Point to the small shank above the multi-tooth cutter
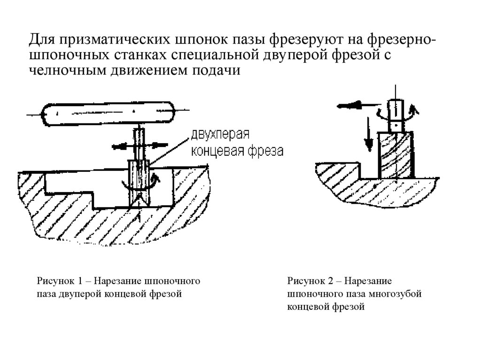(x=396, y=115)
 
